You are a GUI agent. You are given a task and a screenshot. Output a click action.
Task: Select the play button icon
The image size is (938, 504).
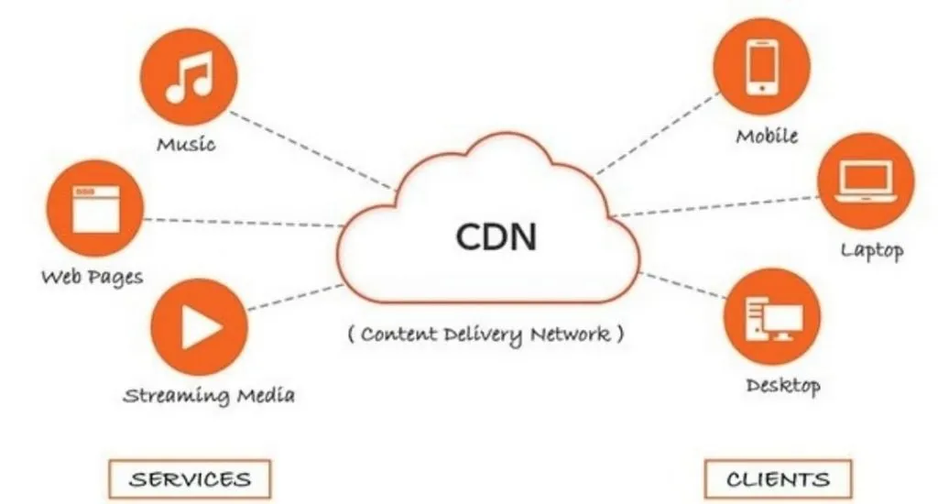click(x=197, y=327)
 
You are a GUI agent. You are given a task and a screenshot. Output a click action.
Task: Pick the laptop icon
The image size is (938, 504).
click(x=865, y=181)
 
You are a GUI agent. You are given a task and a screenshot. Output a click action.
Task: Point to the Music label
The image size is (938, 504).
click(x=186, y=145)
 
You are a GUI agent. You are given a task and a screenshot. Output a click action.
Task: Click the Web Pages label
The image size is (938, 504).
click(x=92, y=276)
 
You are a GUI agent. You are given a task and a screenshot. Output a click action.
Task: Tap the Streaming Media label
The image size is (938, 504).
click(x=209, y=396)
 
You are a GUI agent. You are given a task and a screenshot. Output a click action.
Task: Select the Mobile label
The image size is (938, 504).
click(x=767, y=137)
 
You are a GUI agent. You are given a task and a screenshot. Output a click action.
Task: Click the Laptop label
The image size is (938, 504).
click(x=871, y=250)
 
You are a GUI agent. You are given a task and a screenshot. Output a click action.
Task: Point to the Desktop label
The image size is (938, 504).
click(x=782, y=386)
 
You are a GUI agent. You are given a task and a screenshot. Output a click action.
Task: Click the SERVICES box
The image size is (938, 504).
click(x=190, y=479)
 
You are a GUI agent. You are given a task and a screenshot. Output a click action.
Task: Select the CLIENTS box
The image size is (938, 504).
click(x=778, y=479)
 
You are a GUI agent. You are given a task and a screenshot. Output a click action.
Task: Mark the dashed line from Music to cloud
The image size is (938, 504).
click(x=311, y=150)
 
